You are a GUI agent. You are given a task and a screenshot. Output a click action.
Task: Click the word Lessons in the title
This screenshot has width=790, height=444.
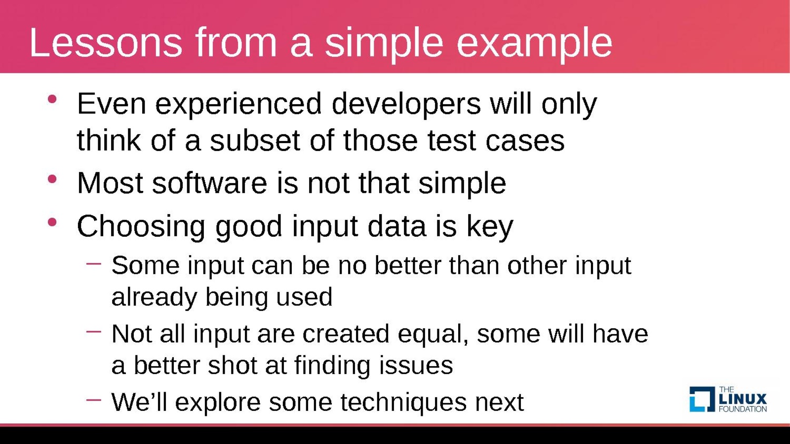[106, 42]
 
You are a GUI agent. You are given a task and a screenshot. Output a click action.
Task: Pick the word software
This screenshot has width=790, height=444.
[209, 183]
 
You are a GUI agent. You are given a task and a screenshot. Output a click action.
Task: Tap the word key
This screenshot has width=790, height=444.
[490, 228]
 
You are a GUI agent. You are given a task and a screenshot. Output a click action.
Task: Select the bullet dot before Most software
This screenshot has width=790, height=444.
[52, 179]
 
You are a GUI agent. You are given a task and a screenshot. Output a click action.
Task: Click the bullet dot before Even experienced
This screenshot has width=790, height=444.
[52, 99]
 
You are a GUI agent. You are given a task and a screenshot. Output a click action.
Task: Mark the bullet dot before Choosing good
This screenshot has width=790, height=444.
[52, 222]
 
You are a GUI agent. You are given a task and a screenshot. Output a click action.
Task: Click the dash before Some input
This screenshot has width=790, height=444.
[93, 263]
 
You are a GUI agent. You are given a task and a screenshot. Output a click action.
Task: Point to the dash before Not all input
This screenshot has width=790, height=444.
[93, 331]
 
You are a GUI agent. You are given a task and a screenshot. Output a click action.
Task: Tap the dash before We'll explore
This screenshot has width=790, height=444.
[93, 400]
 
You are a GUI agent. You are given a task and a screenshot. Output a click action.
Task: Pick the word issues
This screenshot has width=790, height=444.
[416, 366]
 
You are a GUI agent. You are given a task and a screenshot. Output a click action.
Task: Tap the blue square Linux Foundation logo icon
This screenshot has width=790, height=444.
[702, 399]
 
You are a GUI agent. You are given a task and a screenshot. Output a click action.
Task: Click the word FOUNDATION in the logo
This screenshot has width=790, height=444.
[743, 409]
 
